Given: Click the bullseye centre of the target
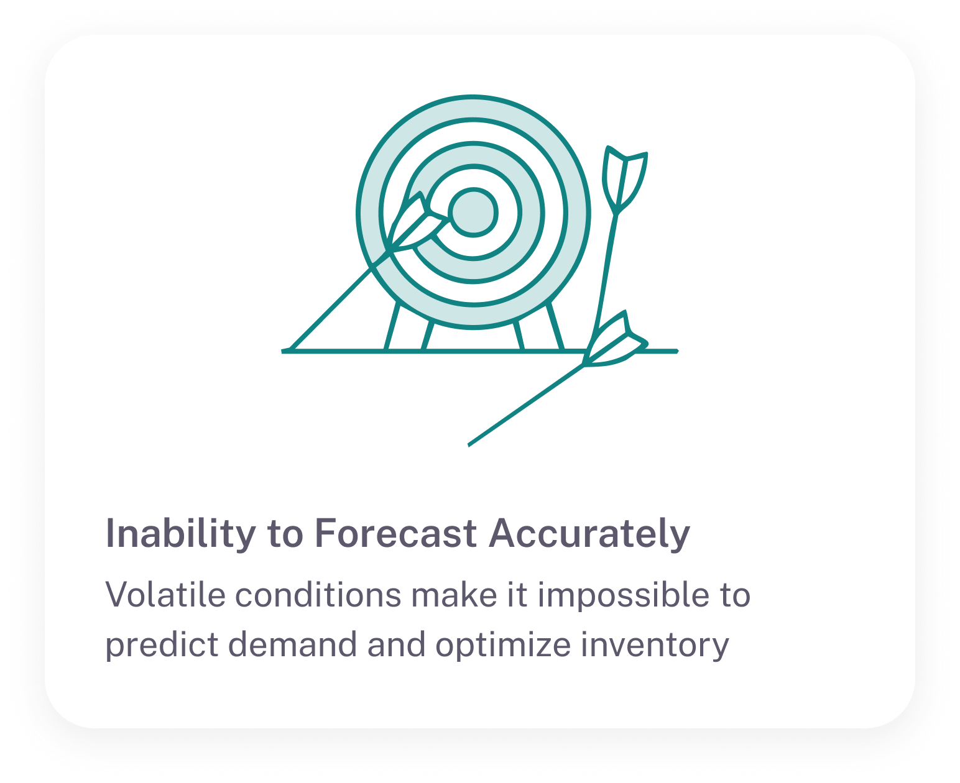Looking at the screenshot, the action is coord(473,213).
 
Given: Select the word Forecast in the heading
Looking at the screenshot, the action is coord(395,533).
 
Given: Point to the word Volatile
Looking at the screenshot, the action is coord(165,594).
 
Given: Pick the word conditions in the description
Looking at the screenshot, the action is coord(318,594).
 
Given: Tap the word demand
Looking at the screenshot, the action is coord(292,644).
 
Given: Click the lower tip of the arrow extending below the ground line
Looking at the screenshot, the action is coord(469,445).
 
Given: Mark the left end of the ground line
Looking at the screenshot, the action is coord(282,350).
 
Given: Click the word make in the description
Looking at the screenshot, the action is coord(453,594).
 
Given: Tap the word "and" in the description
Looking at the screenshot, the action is coord(396,644).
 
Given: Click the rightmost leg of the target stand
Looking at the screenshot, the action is coord(555,326).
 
